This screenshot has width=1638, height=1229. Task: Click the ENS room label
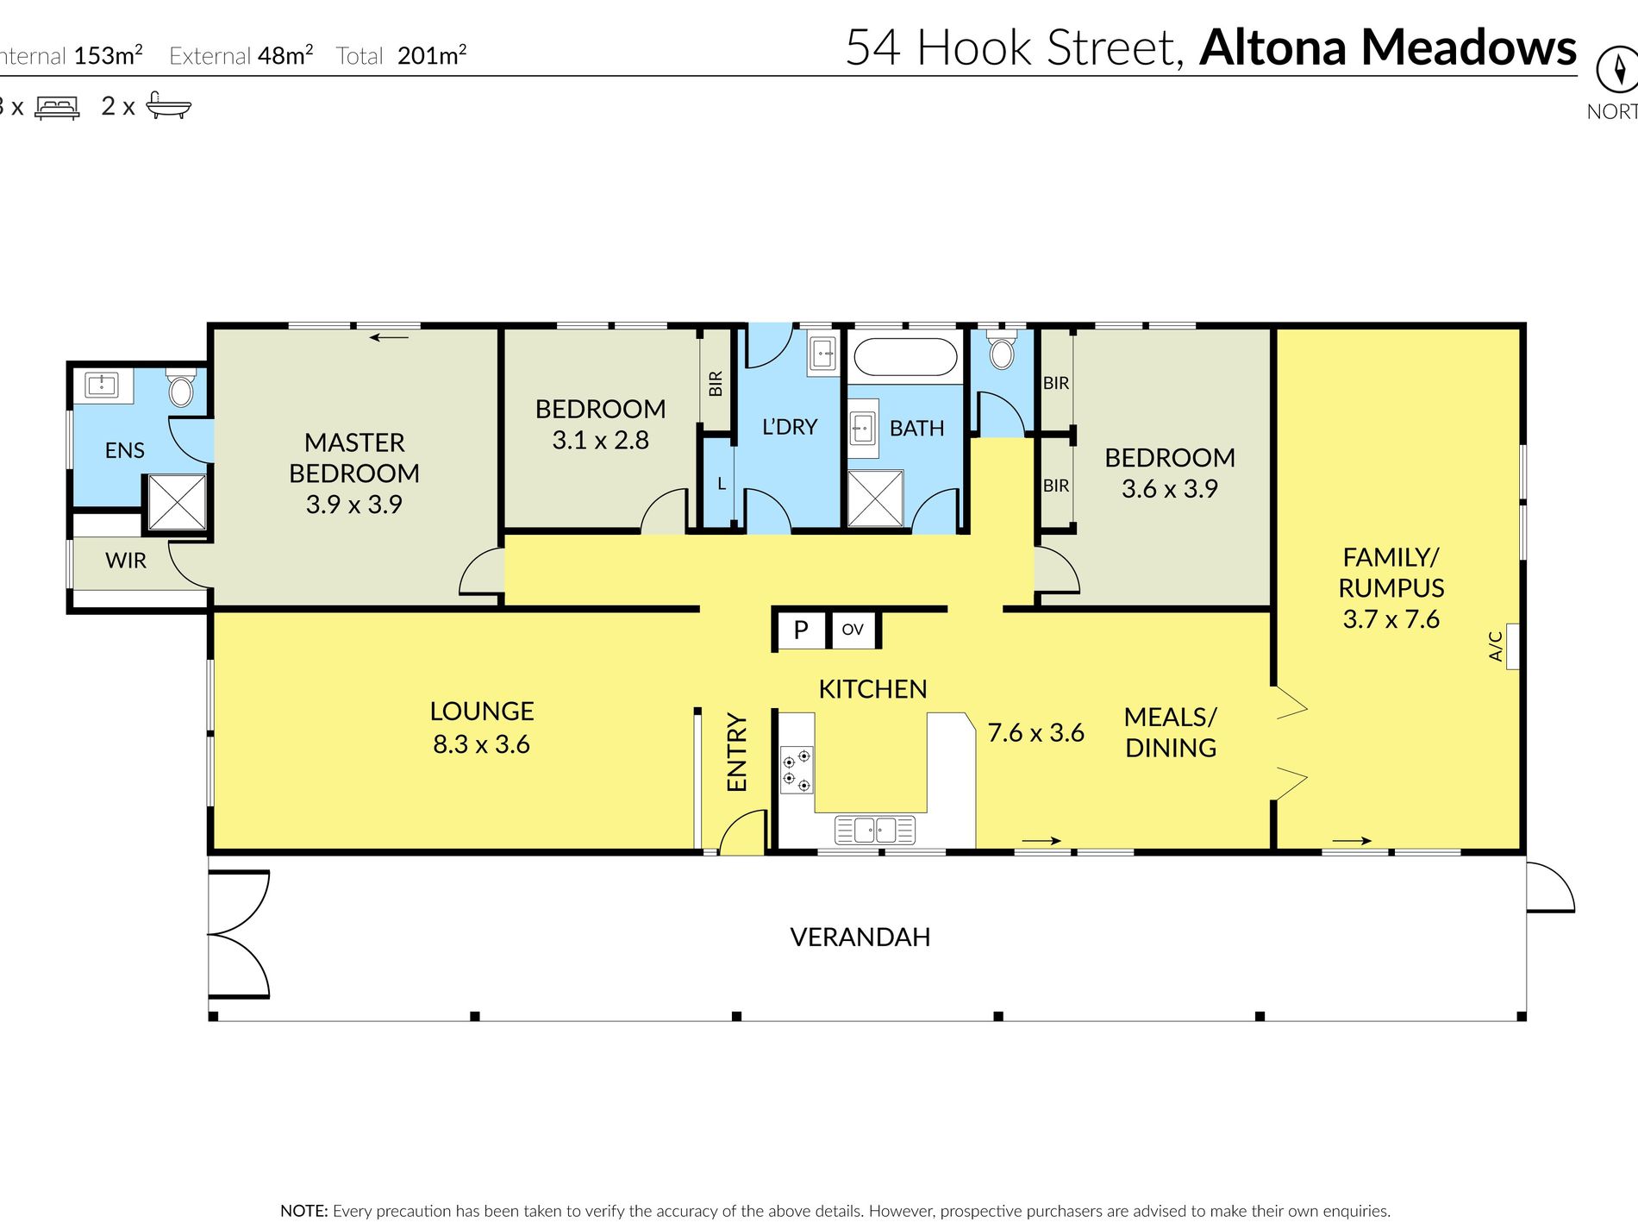click(x=125, y=450)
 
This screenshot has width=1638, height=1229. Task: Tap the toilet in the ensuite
click(x=181, y=388)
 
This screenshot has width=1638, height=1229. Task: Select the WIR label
click(x=126, y=561)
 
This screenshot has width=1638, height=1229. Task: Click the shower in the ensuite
click(x=177, y=502)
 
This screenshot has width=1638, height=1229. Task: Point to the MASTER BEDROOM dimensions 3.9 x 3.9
click(x=354, y=505)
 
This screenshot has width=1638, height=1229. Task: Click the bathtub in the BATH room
click(x=904, y=357)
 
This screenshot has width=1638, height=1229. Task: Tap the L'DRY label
click(x=790, y=427)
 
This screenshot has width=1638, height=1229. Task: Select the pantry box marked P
click(x=801, y=630)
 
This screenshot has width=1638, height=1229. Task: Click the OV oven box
click(x=853, y=630)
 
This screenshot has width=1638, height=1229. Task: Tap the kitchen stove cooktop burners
click(x=797, y=770)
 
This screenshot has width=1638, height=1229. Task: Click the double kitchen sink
click(x=875, y=831)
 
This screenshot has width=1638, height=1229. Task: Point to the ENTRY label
click(x=737, y=752)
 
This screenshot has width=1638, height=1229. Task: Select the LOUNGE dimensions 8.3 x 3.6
click(x=482, y=744)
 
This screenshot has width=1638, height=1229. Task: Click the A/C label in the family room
click(x=1496, y=647)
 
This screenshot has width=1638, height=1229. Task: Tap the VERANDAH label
click(x=860, y=937)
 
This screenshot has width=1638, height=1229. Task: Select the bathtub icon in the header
click(x=168, y=105)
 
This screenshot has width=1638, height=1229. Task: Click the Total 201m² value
click(x=432, y=55)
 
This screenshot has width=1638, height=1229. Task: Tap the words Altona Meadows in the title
click(x=1388, y=47)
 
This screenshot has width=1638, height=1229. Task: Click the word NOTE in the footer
click(x=303, y=1211)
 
